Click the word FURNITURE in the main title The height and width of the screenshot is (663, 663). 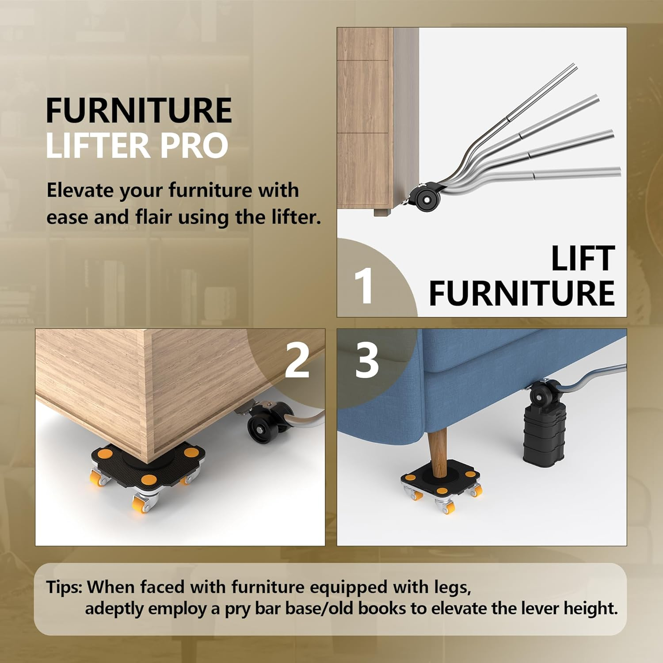point(138,111)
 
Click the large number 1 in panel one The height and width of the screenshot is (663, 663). point(364,286)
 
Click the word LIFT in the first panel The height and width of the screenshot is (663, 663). point(583,259)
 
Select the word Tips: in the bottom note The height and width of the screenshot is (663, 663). point(65,587)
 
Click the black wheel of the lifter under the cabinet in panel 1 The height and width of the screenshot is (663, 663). point(427,199)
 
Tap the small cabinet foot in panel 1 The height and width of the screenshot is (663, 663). point(381,213)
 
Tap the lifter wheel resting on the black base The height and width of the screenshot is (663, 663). point(543,394)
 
